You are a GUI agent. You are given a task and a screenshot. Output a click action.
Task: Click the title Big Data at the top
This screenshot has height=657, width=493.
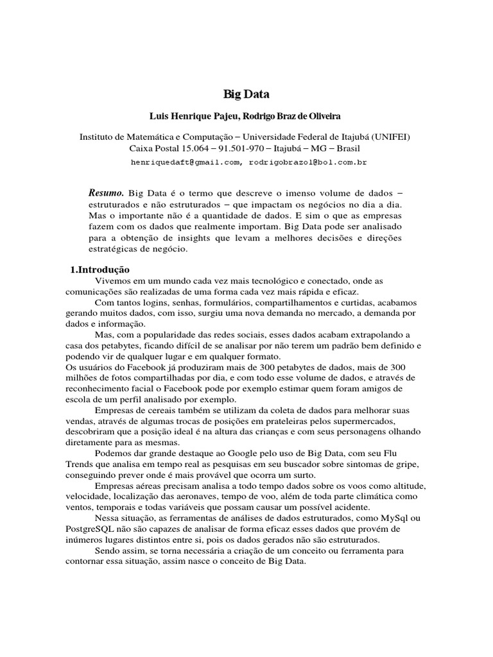246,94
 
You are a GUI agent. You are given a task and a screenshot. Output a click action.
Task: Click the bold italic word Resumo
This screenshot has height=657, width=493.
106,193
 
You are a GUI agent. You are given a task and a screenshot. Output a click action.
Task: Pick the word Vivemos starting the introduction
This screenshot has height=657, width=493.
111,282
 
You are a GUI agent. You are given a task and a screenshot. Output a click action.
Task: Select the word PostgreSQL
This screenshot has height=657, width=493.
91,529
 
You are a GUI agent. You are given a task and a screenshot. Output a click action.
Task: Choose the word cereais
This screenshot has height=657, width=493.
164,410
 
